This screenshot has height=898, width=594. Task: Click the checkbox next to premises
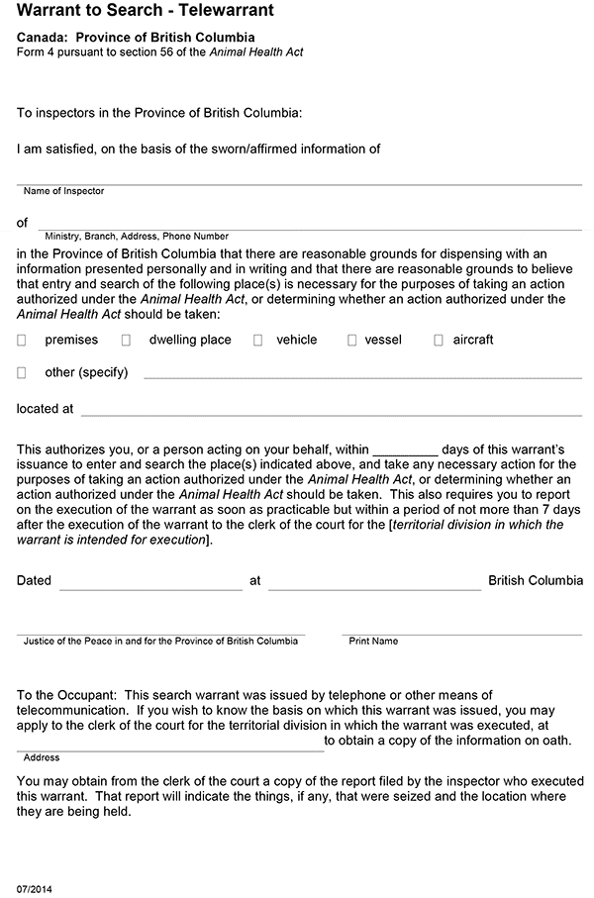(x=22, y=340)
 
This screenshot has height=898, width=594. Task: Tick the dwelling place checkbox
(x=126, y=340)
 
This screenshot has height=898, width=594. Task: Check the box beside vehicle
(x=257, y=340)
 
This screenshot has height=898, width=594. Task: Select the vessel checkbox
(x=351, y=340)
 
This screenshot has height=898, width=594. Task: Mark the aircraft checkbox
(x=439, y=340)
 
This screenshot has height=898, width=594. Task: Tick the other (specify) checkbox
(x=22, y=373)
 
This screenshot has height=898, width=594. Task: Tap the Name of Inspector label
(x=63, y=191)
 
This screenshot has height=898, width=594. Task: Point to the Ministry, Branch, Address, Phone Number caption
(x=137, y=237)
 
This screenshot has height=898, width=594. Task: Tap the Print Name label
(x=373, y=642)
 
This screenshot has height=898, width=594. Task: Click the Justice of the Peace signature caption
(x=160, y=642)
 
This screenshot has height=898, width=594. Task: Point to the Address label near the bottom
(x=42, y=757)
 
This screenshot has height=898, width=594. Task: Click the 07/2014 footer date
(x=35, y=889)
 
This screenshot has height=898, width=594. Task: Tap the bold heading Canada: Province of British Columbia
(x=136, y=37)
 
